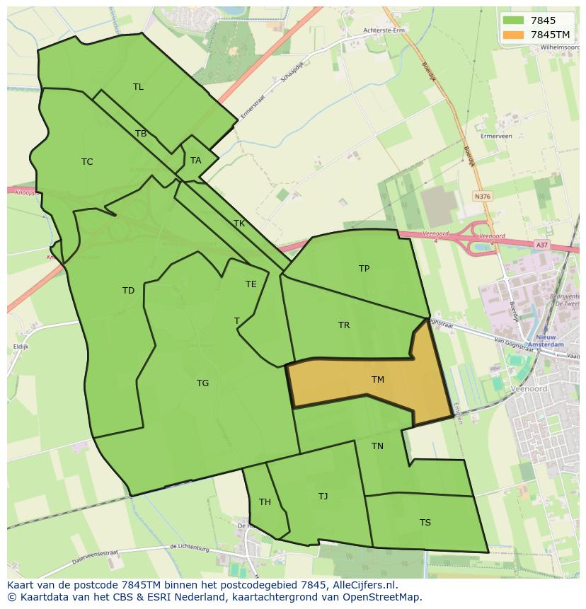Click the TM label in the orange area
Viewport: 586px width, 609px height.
point(378,380)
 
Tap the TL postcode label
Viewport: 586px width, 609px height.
point(138,87)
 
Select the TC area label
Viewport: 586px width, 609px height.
point(87,162)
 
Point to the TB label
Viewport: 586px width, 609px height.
point(141,134)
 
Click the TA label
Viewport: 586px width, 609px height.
point(196,161)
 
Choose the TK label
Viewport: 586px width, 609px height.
point(239,224)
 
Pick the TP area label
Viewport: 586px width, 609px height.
point(364,269)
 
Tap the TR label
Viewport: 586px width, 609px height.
point(344,325)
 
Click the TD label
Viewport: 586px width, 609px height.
point(128,291)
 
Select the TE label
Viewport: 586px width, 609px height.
point(251,284)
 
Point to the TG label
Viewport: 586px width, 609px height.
point(202,383)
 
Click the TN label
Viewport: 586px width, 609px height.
point(377,446)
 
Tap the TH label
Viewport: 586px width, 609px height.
point(265,502)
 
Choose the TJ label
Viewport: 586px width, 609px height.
point(323,497)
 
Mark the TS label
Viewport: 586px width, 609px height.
point(425,523)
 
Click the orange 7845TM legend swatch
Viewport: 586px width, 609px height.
point(514,35)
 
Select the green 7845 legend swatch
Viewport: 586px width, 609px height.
point(514,21)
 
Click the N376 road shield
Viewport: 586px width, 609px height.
point(482,197)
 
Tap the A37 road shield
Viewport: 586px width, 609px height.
point(541,245)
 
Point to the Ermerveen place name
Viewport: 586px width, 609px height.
point(495,136)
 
